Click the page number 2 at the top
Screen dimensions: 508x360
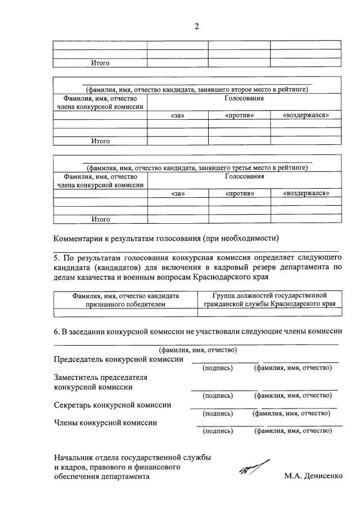[x=197, y=26]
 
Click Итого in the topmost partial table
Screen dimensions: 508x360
[x=100, y=63]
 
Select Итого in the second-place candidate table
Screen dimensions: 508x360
[x=100, y=141]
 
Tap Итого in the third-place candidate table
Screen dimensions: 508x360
[x=100, y=219]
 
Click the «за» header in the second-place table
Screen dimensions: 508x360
[x=178, y=115]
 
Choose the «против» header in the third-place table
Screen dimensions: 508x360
[x=240, y=193]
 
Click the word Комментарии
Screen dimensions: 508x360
[x=82, y=237]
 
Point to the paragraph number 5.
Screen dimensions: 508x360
[x=56, y=258]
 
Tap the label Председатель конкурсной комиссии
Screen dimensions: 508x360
[x=119, y=359]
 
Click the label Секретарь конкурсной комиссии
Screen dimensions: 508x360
[x=112, y=405]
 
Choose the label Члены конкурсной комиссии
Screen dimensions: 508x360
[x=105, y=423]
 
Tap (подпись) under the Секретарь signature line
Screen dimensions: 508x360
[x=217, y=414]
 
